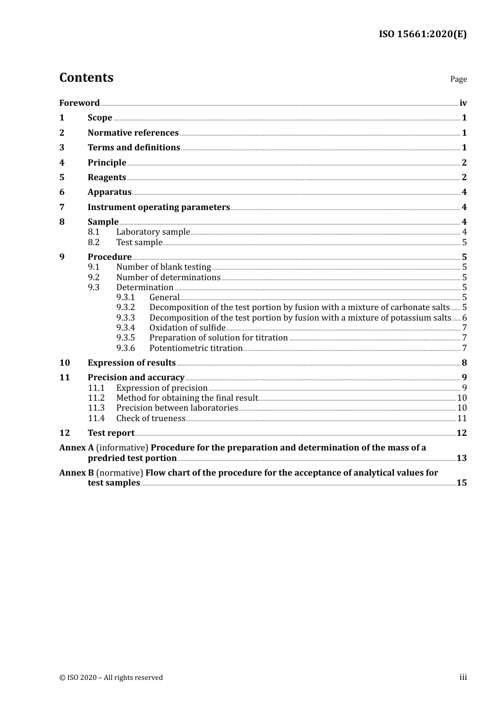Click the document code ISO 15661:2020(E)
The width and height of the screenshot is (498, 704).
click(x=423, y=35)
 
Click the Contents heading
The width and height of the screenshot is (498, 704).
click(x=86, y=78)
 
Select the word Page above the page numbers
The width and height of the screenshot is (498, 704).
click(x=458, y=79)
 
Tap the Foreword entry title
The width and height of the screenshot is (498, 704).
click(x=79, y=103)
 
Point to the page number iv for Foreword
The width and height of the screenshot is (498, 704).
click(x=463, y=103)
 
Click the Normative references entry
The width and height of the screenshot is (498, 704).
click(x=133, y=133)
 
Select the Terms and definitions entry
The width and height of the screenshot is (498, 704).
click(x=134, y=148)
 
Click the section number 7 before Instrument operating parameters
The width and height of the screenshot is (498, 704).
click(x=62, y=207)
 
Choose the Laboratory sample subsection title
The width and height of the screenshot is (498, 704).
click(x=153, y=232)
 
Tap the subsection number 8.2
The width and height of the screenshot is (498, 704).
click(x=93, y=243)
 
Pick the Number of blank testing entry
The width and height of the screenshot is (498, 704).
click(x=164, y=267)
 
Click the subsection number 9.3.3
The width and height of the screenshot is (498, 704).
click(x=125, y=318)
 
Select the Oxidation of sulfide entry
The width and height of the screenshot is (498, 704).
click(x=187, y=328)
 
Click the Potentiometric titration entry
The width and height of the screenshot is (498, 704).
click(x=196, y=348)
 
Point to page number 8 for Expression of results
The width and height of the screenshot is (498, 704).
click(x=464, y=363)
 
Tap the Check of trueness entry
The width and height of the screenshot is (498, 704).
click(x=151, y=419)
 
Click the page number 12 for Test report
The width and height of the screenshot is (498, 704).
click(x=461, y=433)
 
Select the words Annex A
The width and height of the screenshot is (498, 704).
click(x=77, y=448)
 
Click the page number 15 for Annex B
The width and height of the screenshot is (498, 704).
click(x=461, y=483)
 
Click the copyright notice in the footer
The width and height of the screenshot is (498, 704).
click(x=111, y=678)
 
